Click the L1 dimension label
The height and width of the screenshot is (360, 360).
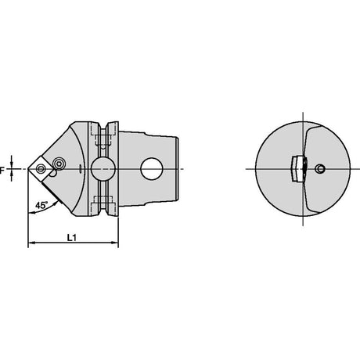tap(71, 238)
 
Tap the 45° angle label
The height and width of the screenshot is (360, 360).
tap(41, 205)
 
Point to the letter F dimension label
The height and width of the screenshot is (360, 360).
tap(2, 171)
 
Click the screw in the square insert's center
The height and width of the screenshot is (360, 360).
tap(41, 169)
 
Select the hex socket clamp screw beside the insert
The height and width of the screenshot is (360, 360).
tap(59, 164)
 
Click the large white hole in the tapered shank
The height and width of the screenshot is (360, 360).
tap(152, 168)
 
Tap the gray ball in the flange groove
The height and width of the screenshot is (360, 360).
tap(103, 168)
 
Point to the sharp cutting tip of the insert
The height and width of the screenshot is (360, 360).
tap(28, 169)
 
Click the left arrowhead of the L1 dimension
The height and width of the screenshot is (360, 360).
tap(31, 243)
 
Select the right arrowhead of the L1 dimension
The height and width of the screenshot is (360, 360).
tap(115, 243)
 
